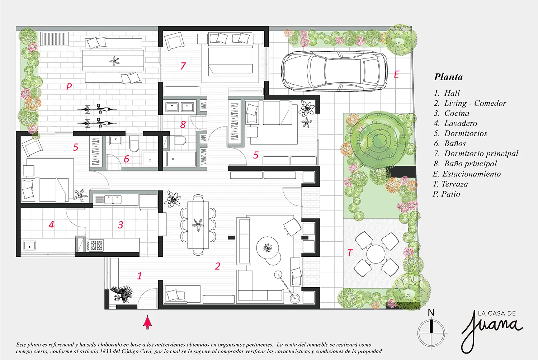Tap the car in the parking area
pyautogui.click(x=334, y=71)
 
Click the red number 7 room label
pyautogui.click(x=183, y=66)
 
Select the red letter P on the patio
pyautogui.click(x=69, y=86)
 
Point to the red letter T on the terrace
pyautogui.click(x=350, y=252)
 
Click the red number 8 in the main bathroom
pyautogui.click(x=183, y=124)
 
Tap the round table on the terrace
pyautogui.click(x=376, y=254)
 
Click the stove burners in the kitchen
pyautogui.click(x=95, y=245)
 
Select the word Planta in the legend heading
pyautogui.click(x=448, y=77)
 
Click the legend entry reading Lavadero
pyautogui.click(x=461, y=123)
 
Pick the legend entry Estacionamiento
pyautogui.click(x=472, y=174)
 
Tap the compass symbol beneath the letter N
pyautogui.click(x=431, y=333)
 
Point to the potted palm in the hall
pyautogui.click(x=122, y=294)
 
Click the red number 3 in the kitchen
pyautogui.click(x=121, y=225)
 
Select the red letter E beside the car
pyautogui.click(x=396, y=75)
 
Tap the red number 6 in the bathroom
pyautogui.click(x=127, y=159)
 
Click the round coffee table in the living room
pyautogui.click(x=267, y=248)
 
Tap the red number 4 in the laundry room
pyautogui.click(x=51, y=225)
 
